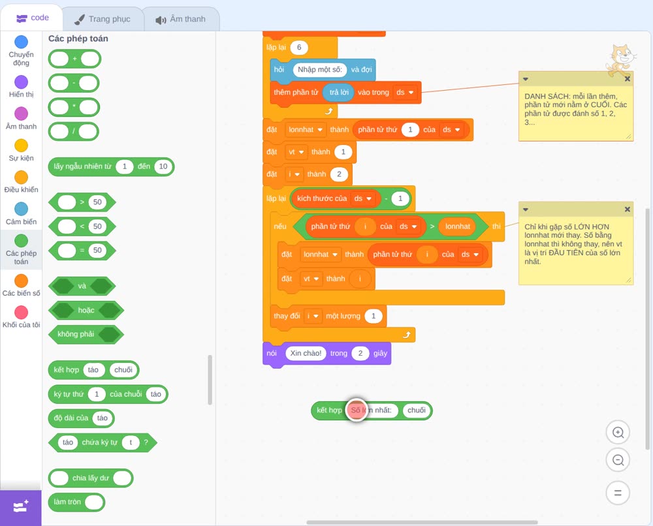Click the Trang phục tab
[x=103, y=19]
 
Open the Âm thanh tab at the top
[x=181, y=19]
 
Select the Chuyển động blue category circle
[x=22, y=42]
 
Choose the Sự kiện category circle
[x=22, y=146]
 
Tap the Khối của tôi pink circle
[x=22, y=312]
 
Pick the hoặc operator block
[x=86, y=310]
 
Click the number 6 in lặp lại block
[x=299, y=48]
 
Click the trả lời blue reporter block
[x=338, y=93]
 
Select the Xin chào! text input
[x=306, y=353]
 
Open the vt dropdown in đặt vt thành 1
[x=296, y=152]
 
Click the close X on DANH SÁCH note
[x=627, y=79]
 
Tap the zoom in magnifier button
[x=618, y=433]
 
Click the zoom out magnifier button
[x=618, y=460]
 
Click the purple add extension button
[x=21, y=507]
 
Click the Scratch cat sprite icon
[x=620, y=60]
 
